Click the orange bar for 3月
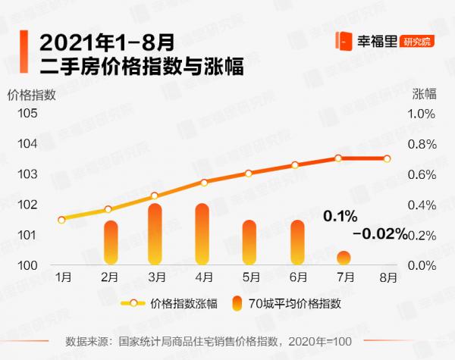tap(155, 234)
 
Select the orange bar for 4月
tap(202, 234)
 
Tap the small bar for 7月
tap(344, 258)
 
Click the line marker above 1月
tap(61, 220)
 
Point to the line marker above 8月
tap(387, 158)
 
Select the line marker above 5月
tap(249, 174)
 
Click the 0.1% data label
tap(340, 217)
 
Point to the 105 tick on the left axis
tap(27, 114)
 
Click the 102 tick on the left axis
tap(27, 205)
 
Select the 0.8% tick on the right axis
tap(422, 144)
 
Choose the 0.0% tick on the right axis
tap(422, 266)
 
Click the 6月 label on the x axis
tap(298, 277)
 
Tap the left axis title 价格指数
tap(31, 95)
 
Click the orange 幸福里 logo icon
tap(343, 41)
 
